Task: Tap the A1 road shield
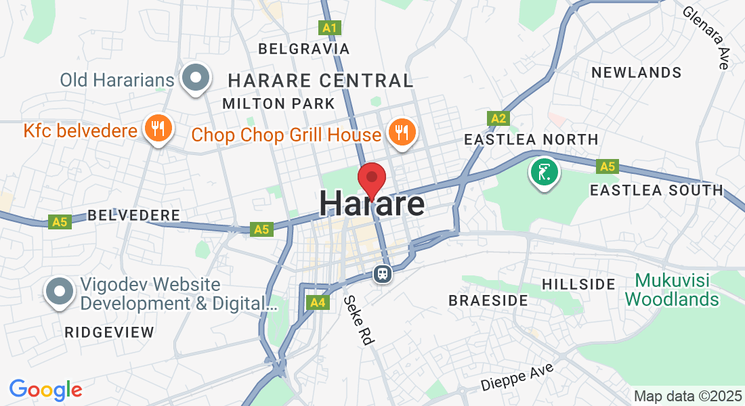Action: click(x=330, y=28)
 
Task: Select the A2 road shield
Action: click(x=498, y=119)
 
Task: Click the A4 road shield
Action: click(x=317, y=302)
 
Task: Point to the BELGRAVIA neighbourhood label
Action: click(x=304, y=49)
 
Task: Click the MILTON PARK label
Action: click(x=278, y=104)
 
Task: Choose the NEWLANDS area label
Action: click(x=636, y=72)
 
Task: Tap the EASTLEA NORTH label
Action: click(x=530, y=139)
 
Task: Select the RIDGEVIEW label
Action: click(x=109, y=332)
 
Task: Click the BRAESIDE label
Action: click(x=488, y=300)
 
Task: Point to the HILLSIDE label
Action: click(x=578, y=284)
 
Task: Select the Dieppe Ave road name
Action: click(x=517, y=376)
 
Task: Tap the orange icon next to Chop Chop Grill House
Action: click(x=403, y=131)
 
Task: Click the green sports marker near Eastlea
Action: click(x=543, y=172)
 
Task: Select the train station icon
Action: click(x=382, y=273)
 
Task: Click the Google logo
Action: click(x=45, y=390)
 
